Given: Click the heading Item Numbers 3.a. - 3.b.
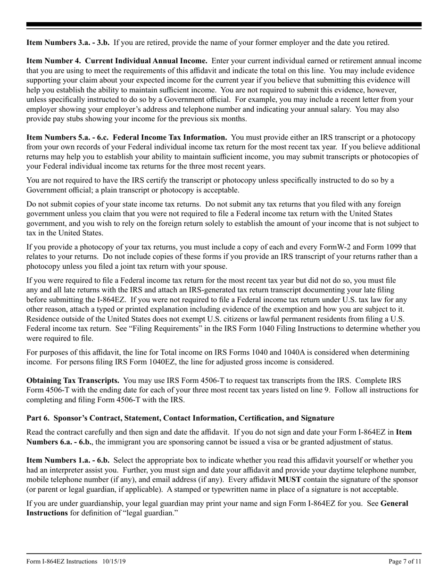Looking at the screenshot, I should pos(68,42).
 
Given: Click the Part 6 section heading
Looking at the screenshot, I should pos(180,418).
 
